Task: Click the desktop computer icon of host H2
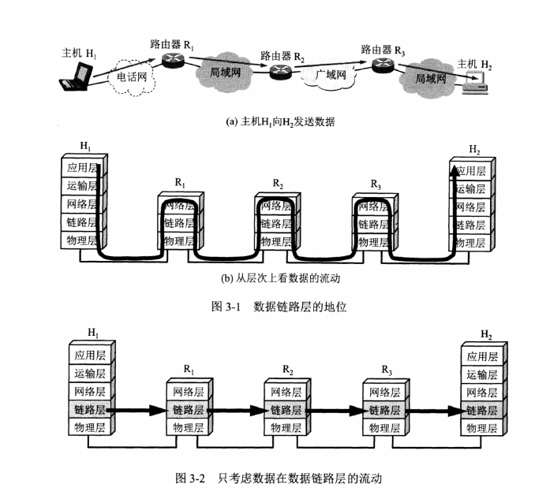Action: pos(474,79)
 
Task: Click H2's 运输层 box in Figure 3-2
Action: pos(481,374)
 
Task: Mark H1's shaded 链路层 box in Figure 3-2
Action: pos(89,410)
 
